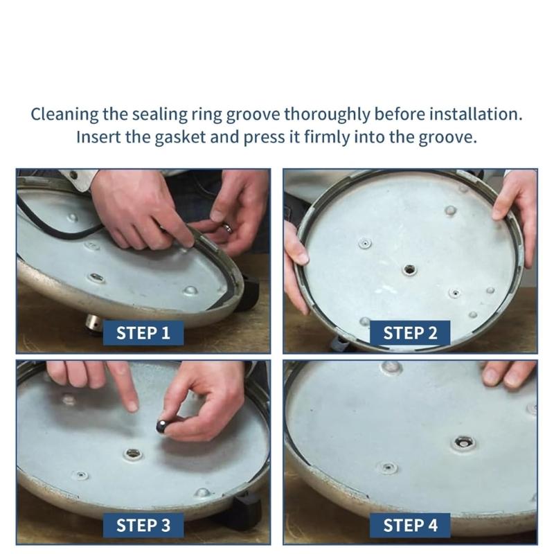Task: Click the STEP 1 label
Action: click(x=143, y=333)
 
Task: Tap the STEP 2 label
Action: click(x=410, y=333)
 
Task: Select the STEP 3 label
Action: click(x=143, y=525)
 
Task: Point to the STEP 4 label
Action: click(x=410, y=525)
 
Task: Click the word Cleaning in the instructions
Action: click(x=64, y=115)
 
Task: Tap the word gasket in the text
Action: click(x=180, y=137)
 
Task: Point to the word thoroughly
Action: click(x=327, y=115)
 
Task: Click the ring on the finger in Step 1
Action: click(x=227, y=228)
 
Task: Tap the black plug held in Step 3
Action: click(x=162, y=426)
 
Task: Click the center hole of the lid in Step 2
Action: click(x=409, y=270)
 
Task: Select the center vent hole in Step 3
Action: click(x=132, y=454)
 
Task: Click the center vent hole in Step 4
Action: click(x=463, y=443)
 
